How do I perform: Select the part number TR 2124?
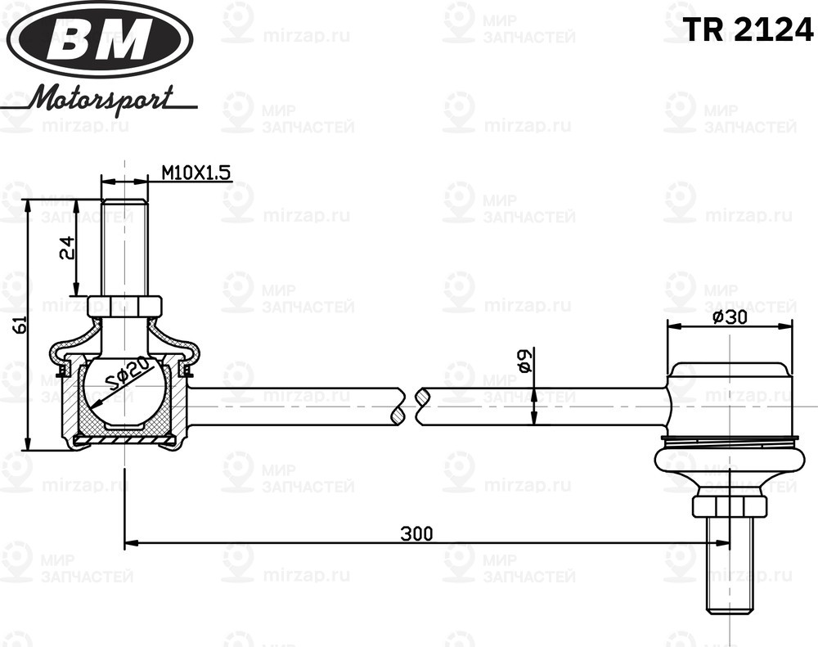pyautogui.click(x=748, y=30)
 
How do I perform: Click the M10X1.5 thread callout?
pyautogui.click(x=196, y=173)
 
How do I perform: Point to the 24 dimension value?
pyautogui.click(x=68, y=248)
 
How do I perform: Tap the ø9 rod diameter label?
pyautogui.click(x=525, y=361)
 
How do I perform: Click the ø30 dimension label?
pyautogui.click(x=730, y=317)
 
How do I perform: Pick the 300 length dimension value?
pyautogui.click(x=416, y=534)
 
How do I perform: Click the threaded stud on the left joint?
pyautogui.click(x=124, y=245)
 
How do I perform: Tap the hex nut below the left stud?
pyautogui.click(x=124, y=306)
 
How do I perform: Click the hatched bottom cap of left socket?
pyautogui.click(x=124, y=440)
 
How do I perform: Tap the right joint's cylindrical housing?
pyautogui.click(x=730, y=401)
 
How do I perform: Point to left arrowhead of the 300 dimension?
pyautogui.click(x=131, y=542)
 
